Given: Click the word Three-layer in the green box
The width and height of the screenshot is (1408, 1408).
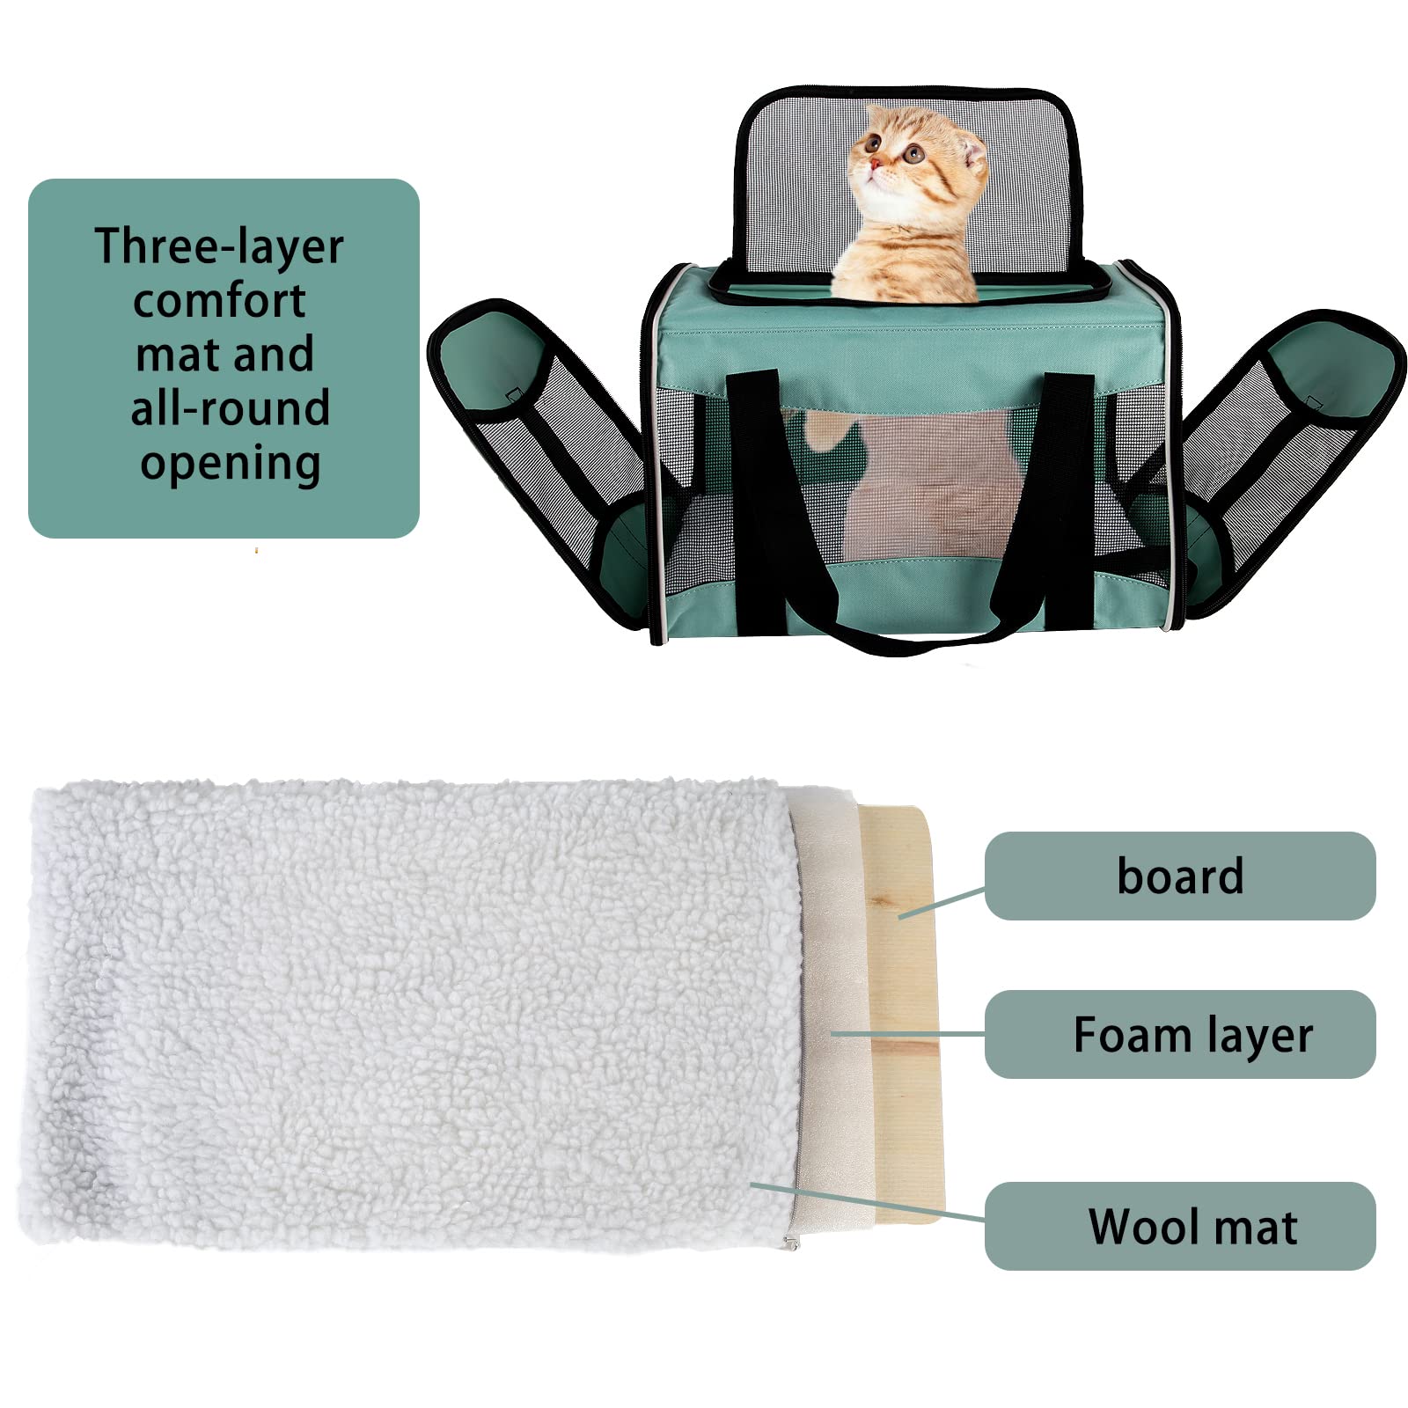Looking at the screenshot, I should [x=218, y=246].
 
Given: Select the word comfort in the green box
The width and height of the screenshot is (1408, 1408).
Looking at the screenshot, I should [x=220, y=301].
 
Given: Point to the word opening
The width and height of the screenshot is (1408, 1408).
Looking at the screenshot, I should [x=230, y=463].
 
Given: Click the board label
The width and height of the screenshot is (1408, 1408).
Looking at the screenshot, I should [x=1179, y=876].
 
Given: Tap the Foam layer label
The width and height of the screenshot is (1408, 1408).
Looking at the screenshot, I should [x=1192, y=1034].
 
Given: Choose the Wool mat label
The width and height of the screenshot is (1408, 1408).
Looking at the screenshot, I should [x=1192, y=1226].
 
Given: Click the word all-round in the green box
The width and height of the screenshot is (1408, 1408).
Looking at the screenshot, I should [x=230, y=408].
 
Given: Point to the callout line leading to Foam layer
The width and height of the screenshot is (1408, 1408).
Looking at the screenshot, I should [x=906, y=1034].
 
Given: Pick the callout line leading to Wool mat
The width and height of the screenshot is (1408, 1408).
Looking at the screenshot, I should [x=867, y=1202].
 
